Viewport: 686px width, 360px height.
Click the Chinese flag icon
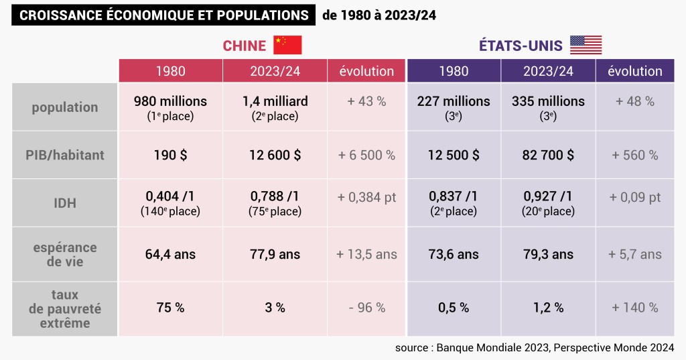point(287,45)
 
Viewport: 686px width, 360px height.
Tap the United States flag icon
point(586,45)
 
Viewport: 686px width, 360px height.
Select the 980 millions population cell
point(170,107)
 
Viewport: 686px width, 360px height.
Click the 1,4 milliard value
point(275,107)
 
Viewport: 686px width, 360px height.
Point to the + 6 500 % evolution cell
point(366,155)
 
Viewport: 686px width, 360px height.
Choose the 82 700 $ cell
point(548,155)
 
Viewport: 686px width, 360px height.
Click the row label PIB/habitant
point(64,155)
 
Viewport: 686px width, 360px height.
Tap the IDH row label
point(64,202)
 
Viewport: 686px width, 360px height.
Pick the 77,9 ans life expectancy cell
point(275,255)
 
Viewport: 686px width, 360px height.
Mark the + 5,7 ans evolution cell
point(634,255)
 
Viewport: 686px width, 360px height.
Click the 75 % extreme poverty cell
point(170,308)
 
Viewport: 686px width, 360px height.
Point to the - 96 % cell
point(366,308)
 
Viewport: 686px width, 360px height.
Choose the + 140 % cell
point(634,308)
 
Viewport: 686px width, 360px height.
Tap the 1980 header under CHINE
point(170,71)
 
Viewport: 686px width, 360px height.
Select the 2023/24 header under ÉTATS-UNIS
point(548,71)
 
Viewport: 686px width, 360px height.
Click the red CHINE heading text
point(244,46)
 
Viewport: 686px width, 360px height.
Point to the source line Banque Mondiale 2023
point(534,347)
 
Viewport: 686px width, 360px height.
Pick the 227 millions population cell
point(454,107)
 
